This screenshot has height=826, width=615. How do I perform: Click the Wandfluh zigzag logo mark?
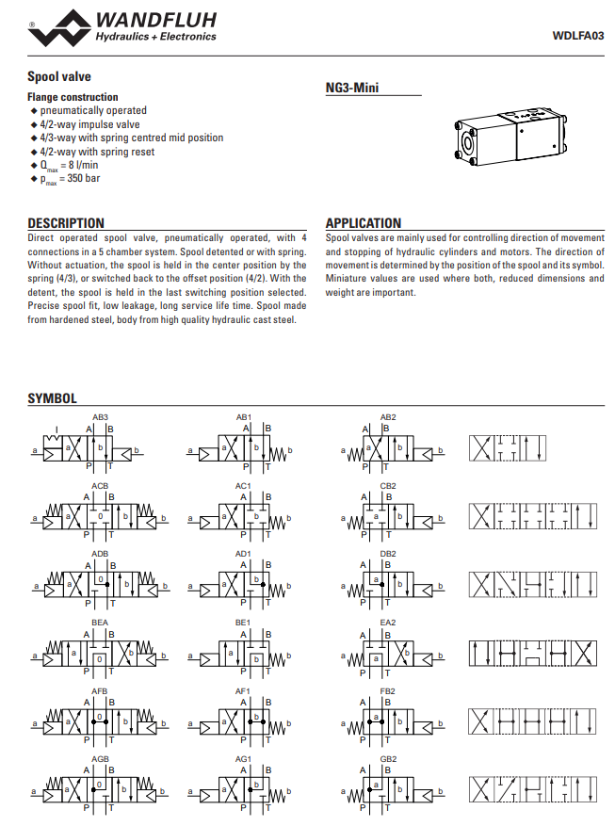click(59, 30)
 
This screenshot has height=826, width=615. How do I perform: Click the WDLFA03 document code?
click(578, 36)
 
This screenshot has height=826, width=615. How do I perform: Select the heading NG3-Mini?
click(351, 88)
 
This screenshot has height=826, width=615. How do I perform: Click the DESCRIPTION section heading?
click(66, 223)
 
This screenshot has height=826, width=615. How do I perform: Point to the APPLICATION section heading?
click(364, 223)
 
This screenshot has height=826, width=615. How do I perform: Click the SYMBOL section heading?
click(52, 398)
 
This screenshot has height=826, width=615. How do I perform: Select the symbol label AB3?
click(100, 417)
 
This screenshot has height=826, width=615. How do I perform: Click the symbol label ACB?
click(100, 486)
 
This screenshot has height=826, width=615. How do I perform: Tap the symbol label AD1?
click(243, 554)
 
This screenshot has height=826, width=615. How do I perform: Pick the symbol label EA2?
click(388, 623)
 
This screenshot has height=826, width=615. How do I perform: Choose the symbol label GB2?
click(388, 759)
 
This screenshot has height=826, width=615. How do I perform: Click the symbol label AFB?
click(100, 691)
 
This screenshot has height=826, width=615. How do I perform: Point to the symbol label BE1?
click(243, 623)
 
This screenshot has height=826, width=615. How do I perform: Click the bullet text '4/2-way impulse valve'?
click(90, 124)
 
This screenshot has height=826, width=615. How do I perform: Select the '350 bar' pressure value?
click(84, 178)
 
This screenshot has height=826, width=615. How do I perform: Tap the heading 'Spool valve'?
click(59, 76)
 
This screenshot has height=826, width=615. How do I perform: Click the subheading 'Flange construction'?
click(73, 97)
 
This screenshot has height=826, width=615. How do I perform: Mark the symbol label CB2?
click(388, 486)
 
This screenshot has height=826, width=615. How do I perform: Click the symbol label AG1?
click(243, 759)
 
